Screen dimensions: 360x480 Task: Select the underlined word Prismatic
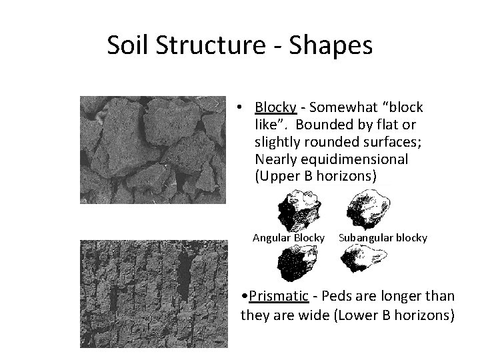(279, 295)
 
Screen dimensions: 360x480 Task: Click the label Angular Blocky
(289, 237)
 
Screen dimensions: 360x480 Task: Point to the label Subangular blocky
(383, 237)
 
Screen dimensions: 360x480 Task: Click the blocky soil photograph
(152, 150)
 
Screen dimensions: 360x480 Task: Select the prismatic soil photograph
(153, 293)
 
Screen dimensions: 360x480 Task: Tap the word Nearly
(274, 161)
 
